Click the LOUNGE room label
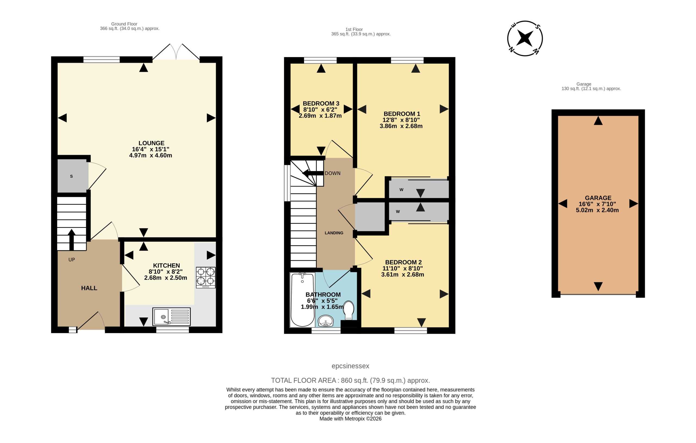pyautogui.click(x=151, y=143)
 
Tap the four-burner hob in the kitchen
pyautogui.click(x=206, y=277)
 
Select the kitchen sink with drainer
pyautogui.click(x=171, y=317)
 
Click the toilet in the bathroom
pyautogui.click(x=349, y=311)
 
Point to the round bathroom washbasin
pyautogui.click(x=326, y=321)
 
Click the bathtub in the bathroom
pyautogui.click(x=302, y=300)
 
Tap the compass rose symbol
pyautogui.click(x=525, y=38)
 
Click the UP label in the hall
pyautogui.click(x=72, y=260)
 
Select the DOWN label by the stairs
pyautogui.click(x=333, y=173)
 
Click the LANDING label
pyautogui.click(x=334, y=233)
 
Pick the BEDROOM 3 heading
pyautogui.click(x=321, y=104)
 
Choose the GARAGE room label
pyautogui.click(x=598, y=198)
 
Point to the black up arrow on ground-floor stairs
pyautogui.click(x=72, y=240)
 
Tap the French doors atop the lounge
pyautogui.click(x=176, y=52)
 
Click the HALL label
pyautogui.click(x=89, y=288)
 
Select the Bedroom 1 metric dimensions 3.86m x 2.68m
pyautogui.click(x=401, y=126)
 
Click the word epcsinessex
pyautogui.click(x=350, y=366)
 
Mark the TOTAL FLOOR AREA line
pyautogui.click(x=350, y=380)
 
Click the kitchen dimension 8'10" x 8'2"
pyautogui.click(x=166, y=271)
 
